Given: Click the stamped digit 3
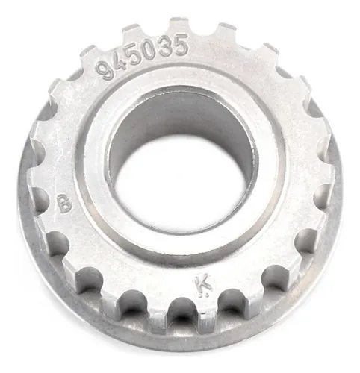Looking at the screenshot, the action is [164, 46].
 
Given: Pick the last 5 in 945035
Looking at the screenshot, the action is [180, 45].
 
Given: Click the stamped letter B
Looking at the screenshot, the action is [65, 203].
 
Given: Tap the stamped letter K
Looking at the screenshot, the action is [203, 283].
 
